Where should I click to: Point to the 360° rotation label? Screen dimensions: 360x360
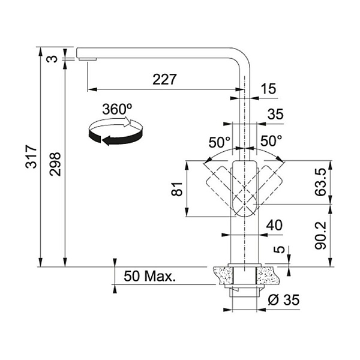click(116, 109)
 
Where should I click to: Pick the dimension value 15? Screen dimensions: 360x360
click(269, 89)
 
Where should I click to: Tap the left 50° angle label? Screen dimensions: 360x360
click(220, 142)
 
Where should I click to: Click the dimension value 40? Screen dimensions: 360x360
click(274, 225)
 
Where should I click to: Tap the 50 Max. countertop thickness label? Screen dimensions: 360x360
click(149, 277)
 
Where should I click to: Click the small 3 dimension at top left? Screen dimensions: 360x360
click(54, 58)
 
